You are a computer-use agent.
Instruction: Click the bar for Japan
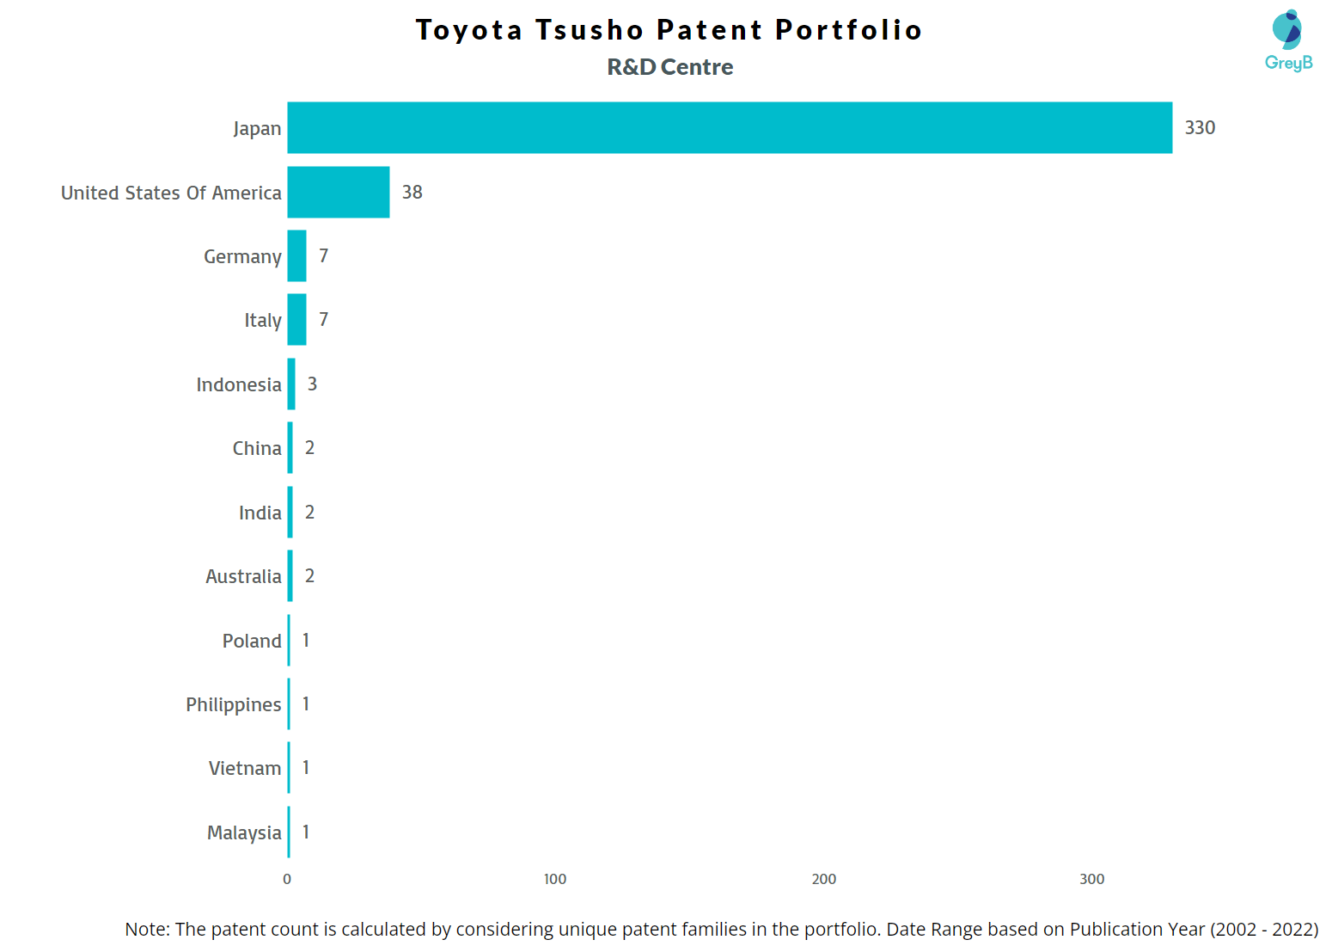[729, 128]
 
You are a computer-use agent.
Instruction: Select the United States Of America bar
[338, 192]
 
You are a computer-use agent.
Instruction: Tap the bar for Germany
[296, 256]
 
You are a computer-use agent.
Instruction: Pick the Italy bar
[296, 320]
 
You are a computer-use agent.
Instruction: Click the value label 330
[1200, 128]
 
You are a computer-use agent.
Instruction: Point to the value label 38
[412, 193]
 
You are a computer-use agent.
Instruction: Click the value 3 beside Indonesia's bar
[313, 384]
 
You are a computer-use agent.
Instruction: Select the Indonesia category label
[238, 384]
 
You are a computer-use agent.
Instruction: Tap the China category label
[256, 448]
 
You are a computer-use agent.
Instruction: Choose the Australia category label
[243, 576]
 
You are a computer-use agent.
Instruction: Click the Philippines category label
[233, 704]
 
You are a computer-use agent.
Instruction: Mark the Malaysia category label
[244, 832]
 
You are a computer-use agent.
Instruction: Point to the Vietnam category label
[244, 768]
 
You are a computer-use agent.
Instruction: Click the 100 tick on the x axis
[555, 879]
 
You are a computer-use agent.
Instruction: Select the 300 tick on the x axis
[1091, 879]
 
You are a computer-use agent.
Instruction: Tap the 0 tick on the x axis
[287, 879]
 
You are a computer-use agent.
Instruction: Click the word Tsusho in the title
[590, 30]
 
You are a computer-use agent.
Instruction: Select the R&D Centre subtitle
[670, 67]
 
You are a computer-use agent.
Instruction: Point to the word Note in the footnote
[147, 929]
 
